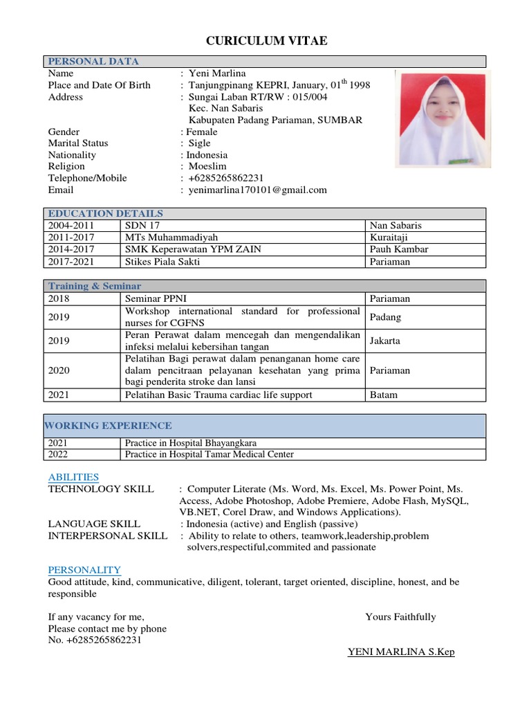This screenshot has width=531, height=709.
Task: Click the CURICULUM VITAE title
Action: click(x=266, y=42)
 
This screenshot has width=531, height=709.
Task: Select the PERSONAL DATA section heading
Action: click(x=93, y=62)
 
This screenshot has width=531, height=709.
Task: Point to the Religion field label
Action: click(x=66, y=166)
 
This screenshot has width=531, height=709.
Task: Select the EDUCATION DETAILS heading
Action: click(x=106, y=213)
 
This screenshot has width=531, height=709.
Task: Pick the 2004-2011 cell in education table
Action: click(x=72, y=226)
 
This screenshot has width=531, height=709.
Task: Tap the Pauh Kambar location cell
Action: click(x=399, y=249)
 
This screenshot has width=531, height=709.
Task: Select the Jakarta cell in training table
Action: click(x=385, y=341)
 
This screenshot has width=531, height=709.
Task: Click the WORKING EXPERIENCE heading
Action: click(x=109, y=426)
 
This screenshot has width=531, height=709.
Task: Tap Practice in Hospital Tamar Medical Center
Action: click(x=209, y=454)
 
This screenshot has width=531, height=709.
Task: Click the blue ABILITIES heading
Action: click(x=73, y=477)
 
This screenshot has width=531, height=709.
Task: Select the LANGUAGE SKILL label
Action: click(x=94, y=523)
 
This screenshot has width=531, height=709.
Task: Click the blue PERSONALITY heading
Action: click(x=84, y=570)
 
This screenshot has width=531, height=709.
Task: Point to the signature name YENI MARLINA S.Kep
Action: click(x=400, y=652)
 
